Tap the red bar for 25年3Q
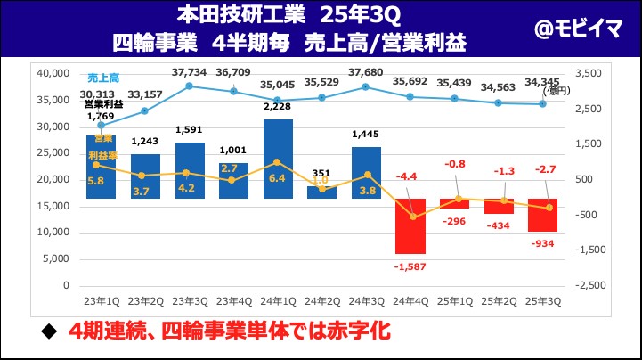pos(542,215)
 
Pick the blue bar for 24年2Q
pos(321,192)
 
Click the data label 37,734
pos(189,72)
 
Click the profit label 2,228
pos(278,109)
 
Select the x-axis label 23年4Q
pos(233,301)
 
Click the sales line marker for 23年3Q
pos(190,86)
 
